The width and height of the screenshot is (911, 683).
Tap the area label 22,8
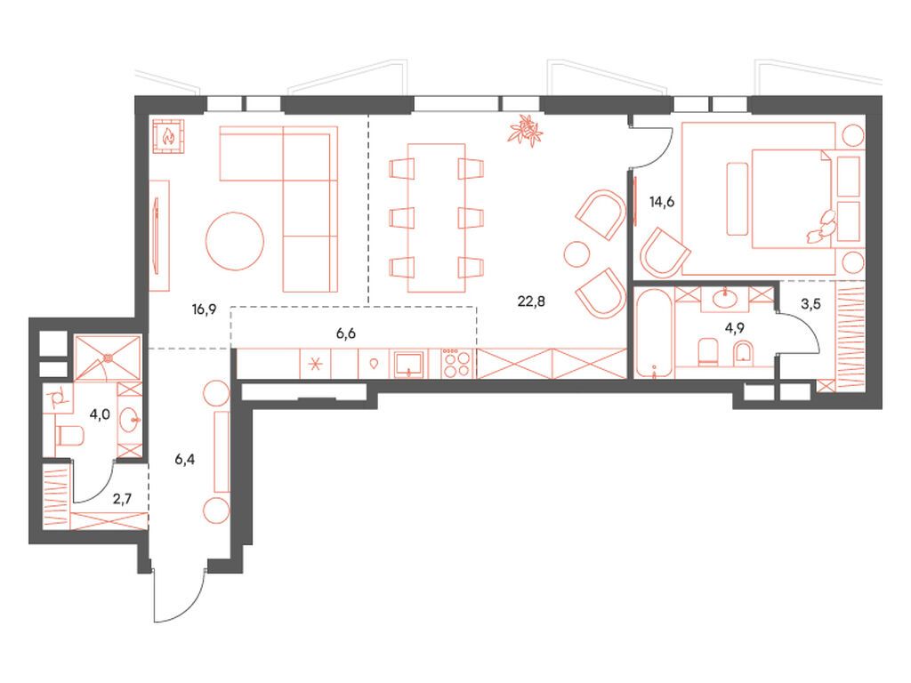point(531,301)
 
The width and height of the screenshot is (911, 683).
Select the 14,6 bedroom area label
point(662,202)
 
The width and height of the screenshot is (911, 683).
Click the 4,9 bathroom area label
point(735,327)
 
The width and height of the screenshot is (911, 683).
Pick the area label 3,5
point(811,303)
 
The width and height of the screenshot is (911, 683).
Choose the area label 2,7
point(123,500)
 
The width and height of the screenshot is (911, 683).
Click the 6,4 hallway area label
point(185,460)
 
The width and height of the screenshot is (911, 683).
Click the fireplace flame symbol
point(167,136)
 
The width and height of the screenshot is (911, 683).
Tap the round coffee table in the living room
point(236,239)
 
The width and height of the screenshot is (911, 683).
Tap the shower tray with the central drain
point(108,356)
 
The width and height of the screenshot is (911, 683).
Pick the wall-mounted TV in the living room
point(158,235)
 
